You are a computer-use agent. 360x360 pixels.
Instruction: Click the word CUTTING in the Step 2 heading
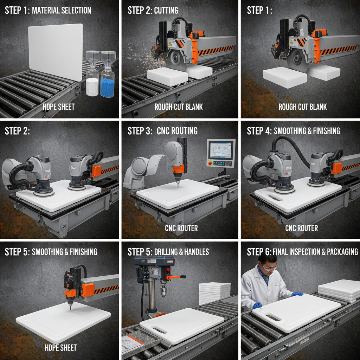(x=166, y=10)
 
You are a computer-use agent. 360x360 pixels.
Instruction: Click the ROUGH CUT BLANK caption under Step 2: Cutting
(x=179, y=107)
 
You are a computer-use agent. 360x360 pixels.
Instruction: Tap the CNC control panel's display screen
(x=220, y=149)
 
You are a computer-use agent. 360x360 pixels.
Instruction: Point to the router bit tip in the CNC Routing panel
(x=178, y=186)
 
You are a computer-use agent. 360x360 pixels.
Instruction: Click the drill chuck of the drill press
(x=164, y=291)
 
